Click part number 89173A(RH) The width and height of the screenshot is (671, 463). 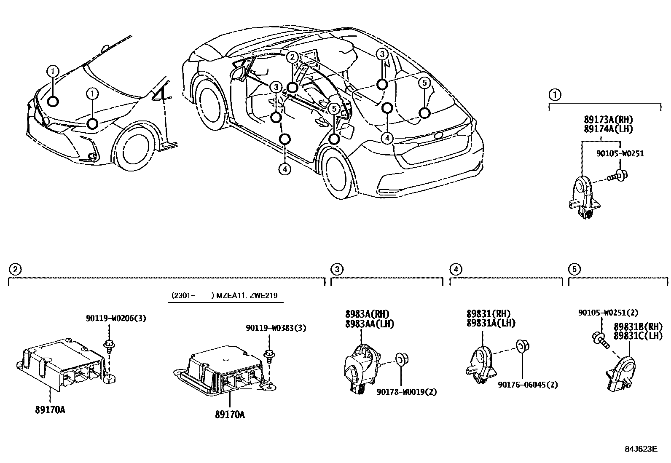pyautogui.click(x=608, y=120)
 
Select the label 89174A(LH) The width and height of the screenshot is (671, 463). pyautogui.click(x=608, y=129)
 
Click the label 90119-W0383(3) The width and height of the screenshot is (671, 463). pyautogui.click(x=276, y=328)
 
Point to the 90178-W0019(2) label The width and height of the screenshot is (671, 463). pyautogui.click(x=406, y=392)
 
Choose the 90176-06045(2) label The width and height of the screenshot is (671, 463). pyautogui.click(x=528, y=385)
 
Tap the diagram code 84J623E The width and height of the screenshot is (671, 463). pyautogui.click(x=641, y=449)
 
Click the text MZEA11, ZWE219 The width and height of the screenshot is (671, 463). pyautogui.click(x=247, y=296)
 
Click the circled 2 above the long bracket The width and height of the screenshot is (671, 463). pyautogui.click(x=14, y=269)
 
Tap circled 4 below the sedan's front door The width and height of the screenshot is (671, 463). pyautogui.click(x=285, y=169)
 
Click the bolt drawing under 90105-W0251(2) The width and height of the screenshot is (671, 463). pyautogui.click(x=600, y=340)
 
